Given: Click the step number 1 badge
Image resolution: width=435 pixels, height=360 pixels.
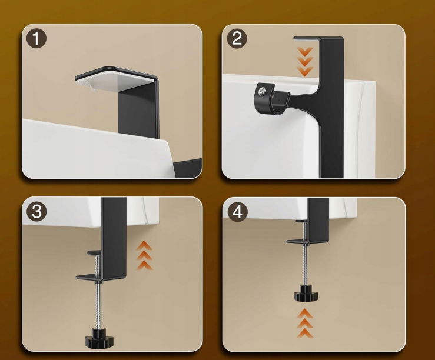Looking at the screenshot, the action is pos(36,38).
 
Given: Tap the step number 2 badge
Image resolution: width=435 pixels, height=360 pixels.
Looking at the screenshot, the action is pos(237,38).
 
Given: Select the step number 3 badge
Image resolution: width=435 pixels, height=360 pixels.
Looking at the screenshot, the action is pos(36,211).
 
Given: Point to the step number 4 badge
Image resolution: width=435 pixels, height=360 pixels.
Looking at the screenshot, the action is pos(237,212).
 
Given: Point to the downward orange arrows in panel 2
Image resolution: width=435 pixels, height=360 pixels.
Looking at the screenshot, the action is pos(304,62).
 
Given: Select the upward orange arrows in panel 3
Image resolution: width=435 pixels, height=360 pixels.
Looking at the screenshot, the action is pos(144,255).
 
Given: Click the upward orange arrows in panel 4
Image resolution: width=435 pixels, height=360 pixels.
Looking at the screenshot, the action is pos(305,324).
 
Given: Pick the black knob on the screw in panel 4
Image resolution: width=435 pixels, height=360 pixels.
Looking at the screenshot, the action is pos(306,295).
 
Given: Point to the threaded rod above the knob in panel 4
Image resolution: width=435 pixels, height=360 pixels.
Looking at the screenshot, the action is pos(306,268).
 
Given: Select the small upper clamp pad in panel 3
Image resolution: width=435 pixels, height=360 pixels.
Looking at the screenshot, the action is pos(94,253).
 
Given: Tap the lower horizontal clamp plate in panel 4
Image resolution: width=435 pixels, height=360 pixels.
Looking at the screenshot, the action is pos(307,242).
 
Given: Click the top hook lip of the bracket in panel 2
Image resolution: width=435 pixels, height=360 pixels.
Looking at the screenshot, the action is pos(307,38).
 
